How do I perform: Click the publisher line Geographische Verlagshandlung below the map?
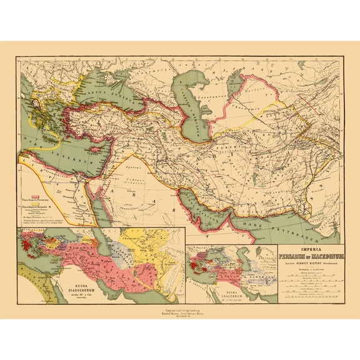pyautogui.click(x=180, y=308)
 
